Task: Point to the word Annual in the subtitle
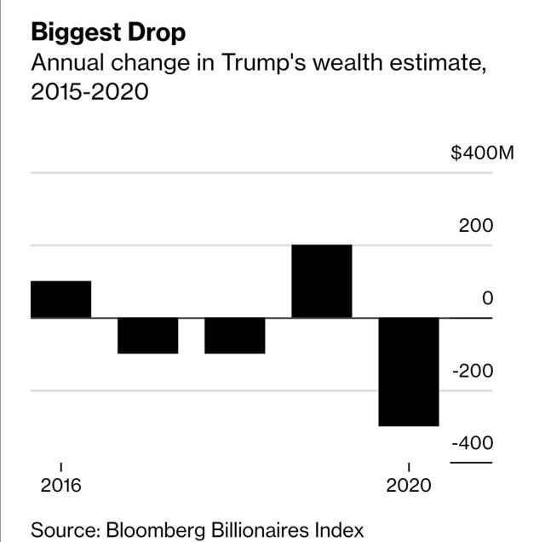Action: tap(67, 63)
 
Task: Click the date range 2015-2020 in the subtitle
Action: tap(89, 90)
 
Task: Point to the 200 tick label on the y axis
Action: tap(476, 227)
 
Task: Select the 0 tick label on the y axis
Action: tap(487, 299)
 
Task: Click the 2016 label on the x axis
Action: tap(60, 486)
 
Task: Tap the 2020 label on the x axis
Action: tap(409, 486)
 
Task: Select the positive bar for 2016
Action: tap(60, 299)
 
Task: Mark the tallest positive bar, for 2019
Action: tap(321, 281)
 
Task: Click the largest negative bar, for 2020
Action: tap(409, 372)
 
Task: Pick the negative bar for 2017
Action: tap(147, 335)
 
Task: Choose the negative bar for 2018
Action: tap(234, 335)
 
